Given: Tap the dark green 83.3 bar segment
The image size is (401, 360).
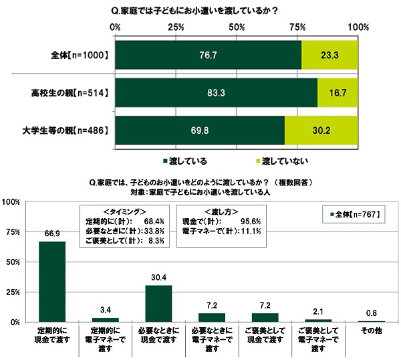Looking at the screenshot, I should coord(215,93).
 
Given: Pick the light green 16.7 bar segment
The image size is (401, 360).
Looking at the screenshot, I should coord(338,93).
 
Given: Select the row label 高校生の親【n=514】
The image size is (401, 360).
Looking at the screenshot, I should coord(70,93).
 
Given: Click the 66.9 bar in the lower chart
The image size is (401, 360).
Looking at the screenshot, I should coord(52,281).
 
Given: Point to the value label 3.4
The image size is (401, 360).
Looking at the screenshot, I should coord(105,310).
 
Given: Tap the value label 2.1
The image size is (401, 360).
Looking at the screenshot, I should coord(318,312).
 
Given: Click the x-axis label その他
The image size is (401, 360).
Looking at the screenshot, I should coord(371,332).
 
